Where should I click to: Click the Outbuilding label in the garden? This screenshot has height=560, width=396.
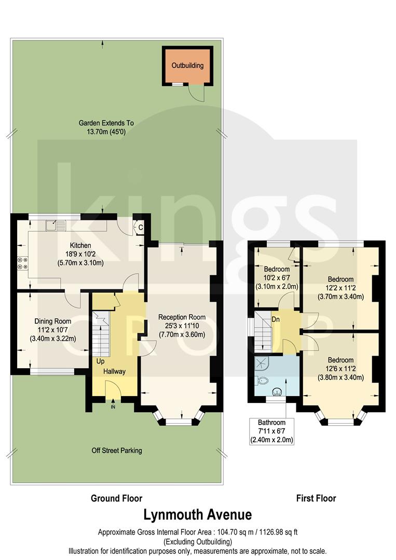click(188, 66)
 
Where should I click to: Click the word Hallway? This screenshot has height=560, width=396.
click(114, 371)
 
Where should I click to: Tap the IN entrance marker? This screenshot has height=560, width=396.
click(113, 407)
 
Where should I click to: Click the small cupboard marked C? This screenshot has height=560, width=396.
click(140, 226)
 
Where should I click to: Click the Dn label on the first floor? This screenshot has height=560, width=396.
click(276, 319)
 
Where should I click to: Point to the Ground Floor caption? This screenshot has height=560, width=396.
click(116, 498)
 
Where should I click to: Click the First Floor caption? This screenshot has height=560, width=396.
click(316, 498)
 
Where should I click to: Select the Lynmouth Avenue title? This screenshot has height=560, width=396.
click(198, 515)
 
